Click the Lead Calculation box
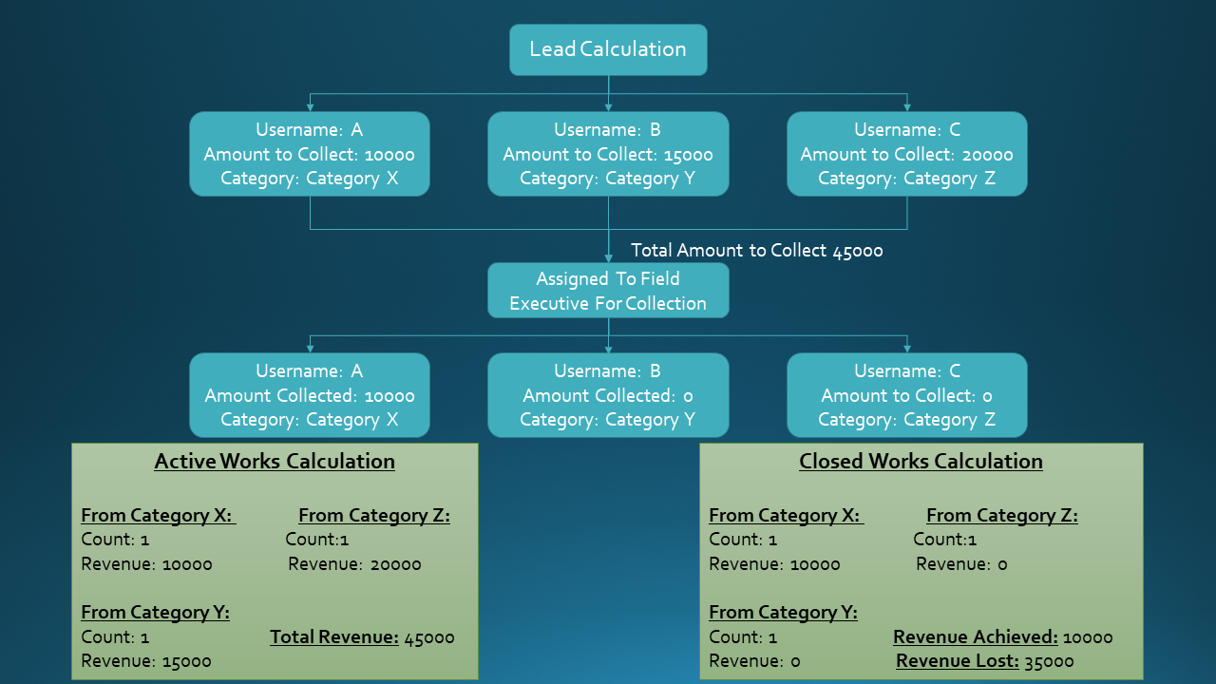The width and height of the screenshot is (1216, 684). point(608,49)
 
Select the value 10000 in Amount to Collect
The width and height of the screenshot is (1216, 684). point(389,155)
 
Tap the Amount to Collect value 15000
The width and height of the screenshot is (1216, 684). point(688,155)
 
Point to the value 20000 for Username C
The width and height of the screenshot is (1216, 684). point(988,155)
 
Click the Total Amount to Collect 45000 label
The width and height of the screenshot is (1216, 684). point(757,251)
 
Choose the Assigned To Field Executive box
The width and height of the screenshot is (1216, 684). point(608,291)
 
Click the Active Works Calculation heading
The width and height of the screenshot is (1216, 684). point(275,462)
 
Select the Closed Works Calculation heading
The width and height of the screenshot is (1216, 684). point(921,462)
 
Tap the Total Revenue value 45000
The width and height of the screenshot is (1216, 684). point(429,637)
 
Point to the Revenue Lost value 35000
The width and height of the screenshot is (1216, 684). point(1049,661)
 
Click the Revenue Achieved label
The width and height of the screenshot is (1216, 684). point(975,637)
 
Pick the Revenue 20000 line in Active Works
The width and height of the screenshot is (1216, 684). point(354,564)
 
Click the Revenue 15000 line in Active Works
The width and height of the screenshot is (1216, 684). point(146,661)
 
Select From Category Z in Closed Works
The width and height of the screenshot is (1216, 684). point(1001,516)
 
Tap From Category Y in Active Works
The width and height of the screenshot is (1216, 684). point(155,613)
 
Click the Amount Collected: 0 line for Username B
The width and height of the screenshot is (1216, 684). point(608,396)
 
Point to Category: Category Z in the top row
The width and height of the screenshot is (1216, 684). point(906,179)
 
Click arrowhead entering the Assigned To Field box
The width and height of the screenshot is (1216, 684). point(608,256)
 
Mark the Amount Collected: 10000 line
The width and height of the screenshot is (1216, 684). point(310,396)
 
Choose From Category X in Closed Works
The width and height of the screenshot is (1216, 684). point(785,516)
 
